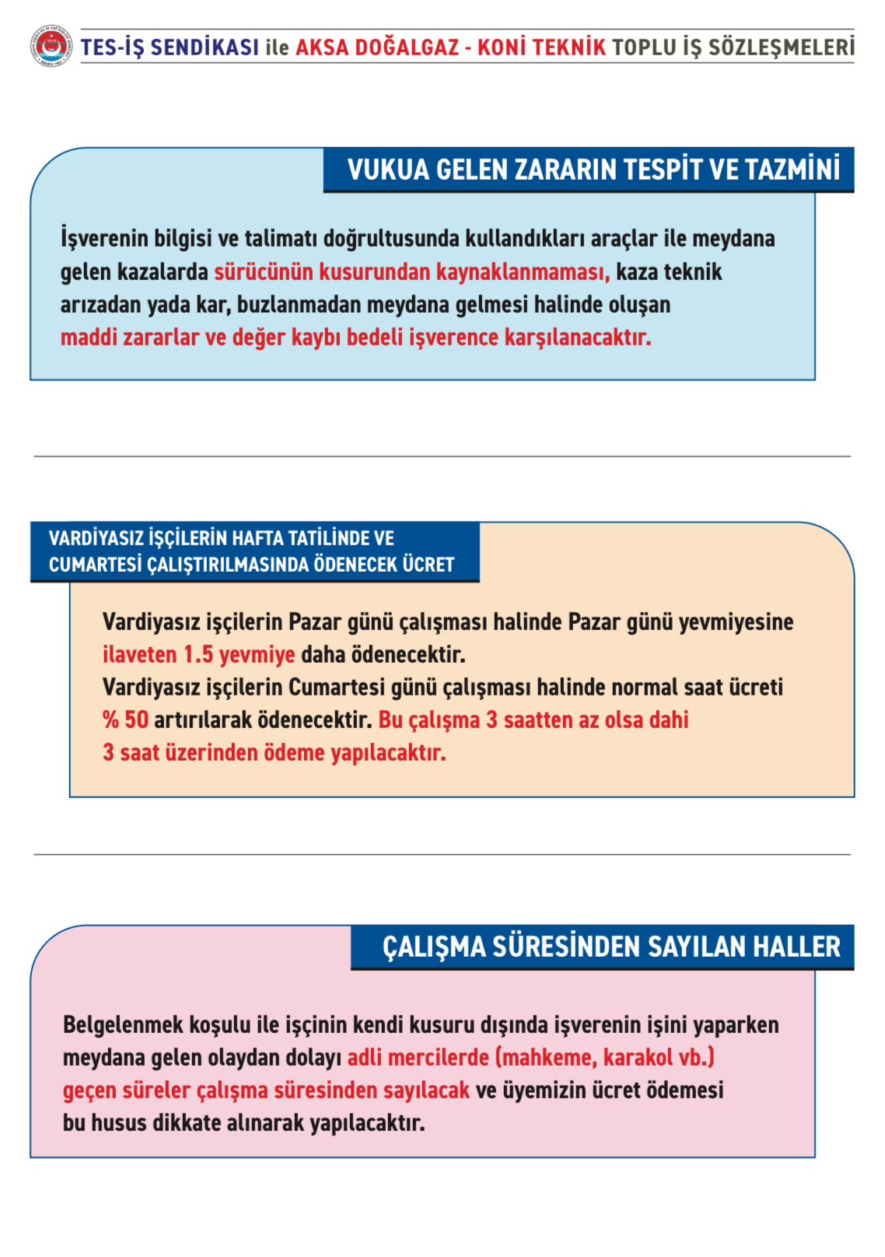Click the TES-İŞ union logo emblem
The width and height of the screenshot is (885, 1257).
point(51,46)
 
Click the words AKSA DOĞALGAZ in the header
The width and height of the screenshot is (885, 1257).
point(377,47)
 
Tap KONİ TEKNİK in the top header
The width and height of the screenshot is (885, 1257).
point(541,47)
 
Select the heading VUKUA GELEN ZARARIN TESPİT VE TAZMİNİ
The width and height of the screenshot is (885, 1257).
point(593,170)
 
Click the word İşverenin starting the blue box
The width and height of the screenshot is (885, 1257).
point(103,238)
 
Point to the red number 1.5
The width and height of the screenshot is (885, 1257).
point(198,654)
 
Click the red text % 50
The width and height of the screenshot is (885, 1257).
point(125,720)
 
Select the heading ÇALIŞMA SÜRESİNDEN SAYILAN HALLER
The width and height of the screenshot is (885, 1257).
point(611,947)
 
